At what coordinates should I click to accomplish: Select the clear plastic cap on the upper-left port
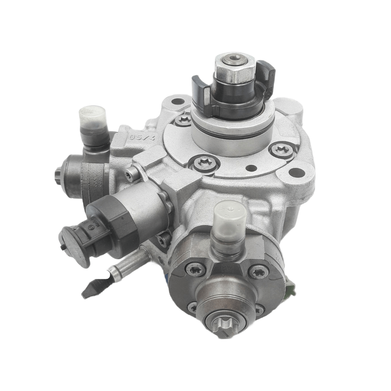pyautogui.click(x=93, y=116)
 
